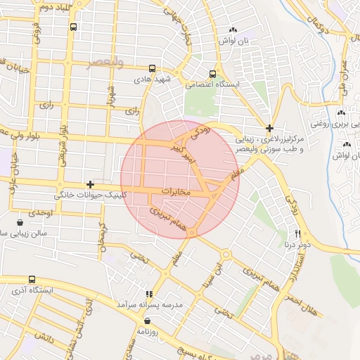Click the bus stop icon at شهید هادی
(x=153, y=69)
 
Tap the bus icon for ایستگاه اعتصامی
(x=213, y=74)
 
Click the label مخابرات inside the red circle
(x=176, y=191)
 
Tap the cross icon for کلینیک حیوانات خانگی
(x=90, y=184)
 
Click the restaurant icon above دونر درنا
(x=298, y=233)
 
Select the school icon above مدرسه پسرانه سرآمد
(x=148, y=294)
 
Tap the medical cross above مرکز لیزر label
(x=269, y=128)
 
